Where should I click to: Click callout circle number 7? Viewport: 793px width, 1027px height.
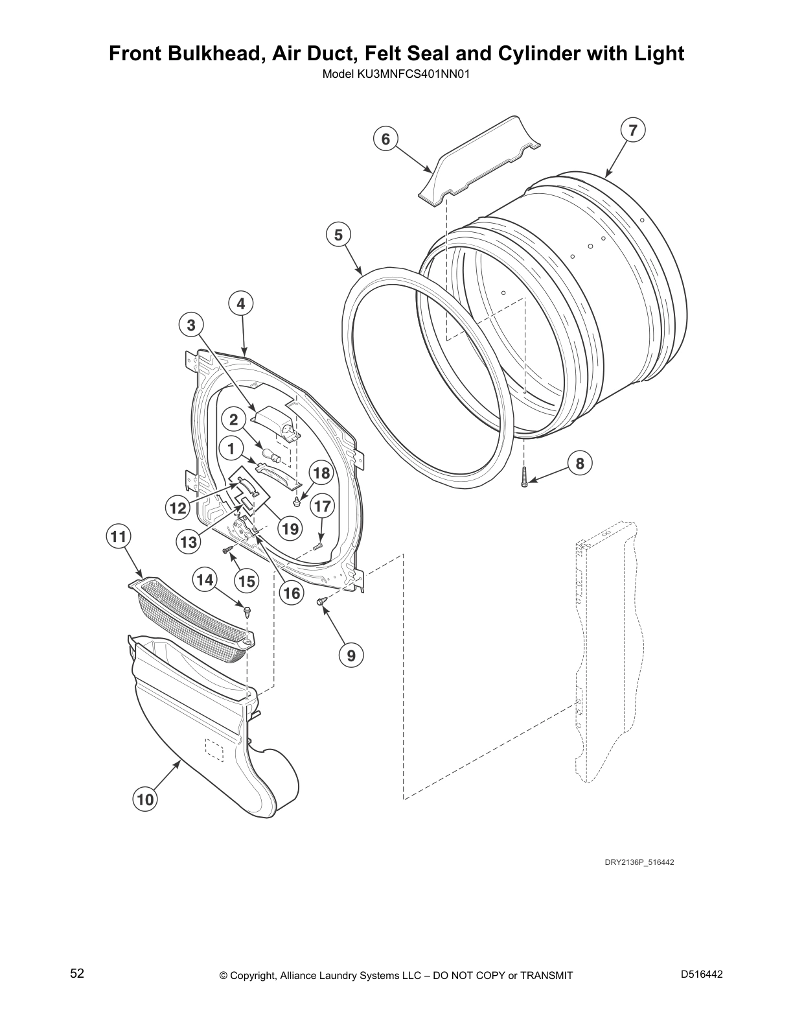pyautogui.click(x=633, y=130)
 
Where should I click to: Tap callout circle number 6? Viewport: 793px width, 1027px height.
pyautogui.click(x=385, y=139)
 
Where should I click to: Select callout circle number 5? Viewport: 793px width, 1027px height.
pyautogui.click(x=338, y=235)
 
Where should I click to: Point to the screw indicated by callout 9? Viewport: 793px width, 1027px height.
pyautogui.click(x=321, y=602)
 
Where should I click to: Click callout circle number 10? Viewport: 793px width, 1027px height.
pyautogui.click(x=146, y=799)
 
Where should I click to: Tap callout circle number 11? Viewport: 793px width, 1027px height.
pyautogui.click(x=119, y=537)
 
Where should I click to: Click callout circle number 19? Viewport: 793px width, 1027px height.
pyautogui.click(x=291, y=529)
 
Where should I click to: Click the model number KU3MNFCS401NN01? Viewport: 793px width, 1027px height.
pyautogui.click(x=395, y=74)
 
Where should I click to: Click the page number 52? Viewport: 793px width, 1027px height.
pyautogui.click(x=77, y=973)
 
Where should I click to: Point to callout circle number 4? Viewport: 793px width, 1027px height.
pyautogui.click(x=240, y=303)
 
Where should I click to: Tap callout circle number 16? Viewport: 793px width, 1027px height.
pyautogui.click(x=292, y=592)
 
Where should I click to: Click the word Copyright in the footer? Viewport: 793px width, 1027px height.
pyautogui.click(x=253, y=976)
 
